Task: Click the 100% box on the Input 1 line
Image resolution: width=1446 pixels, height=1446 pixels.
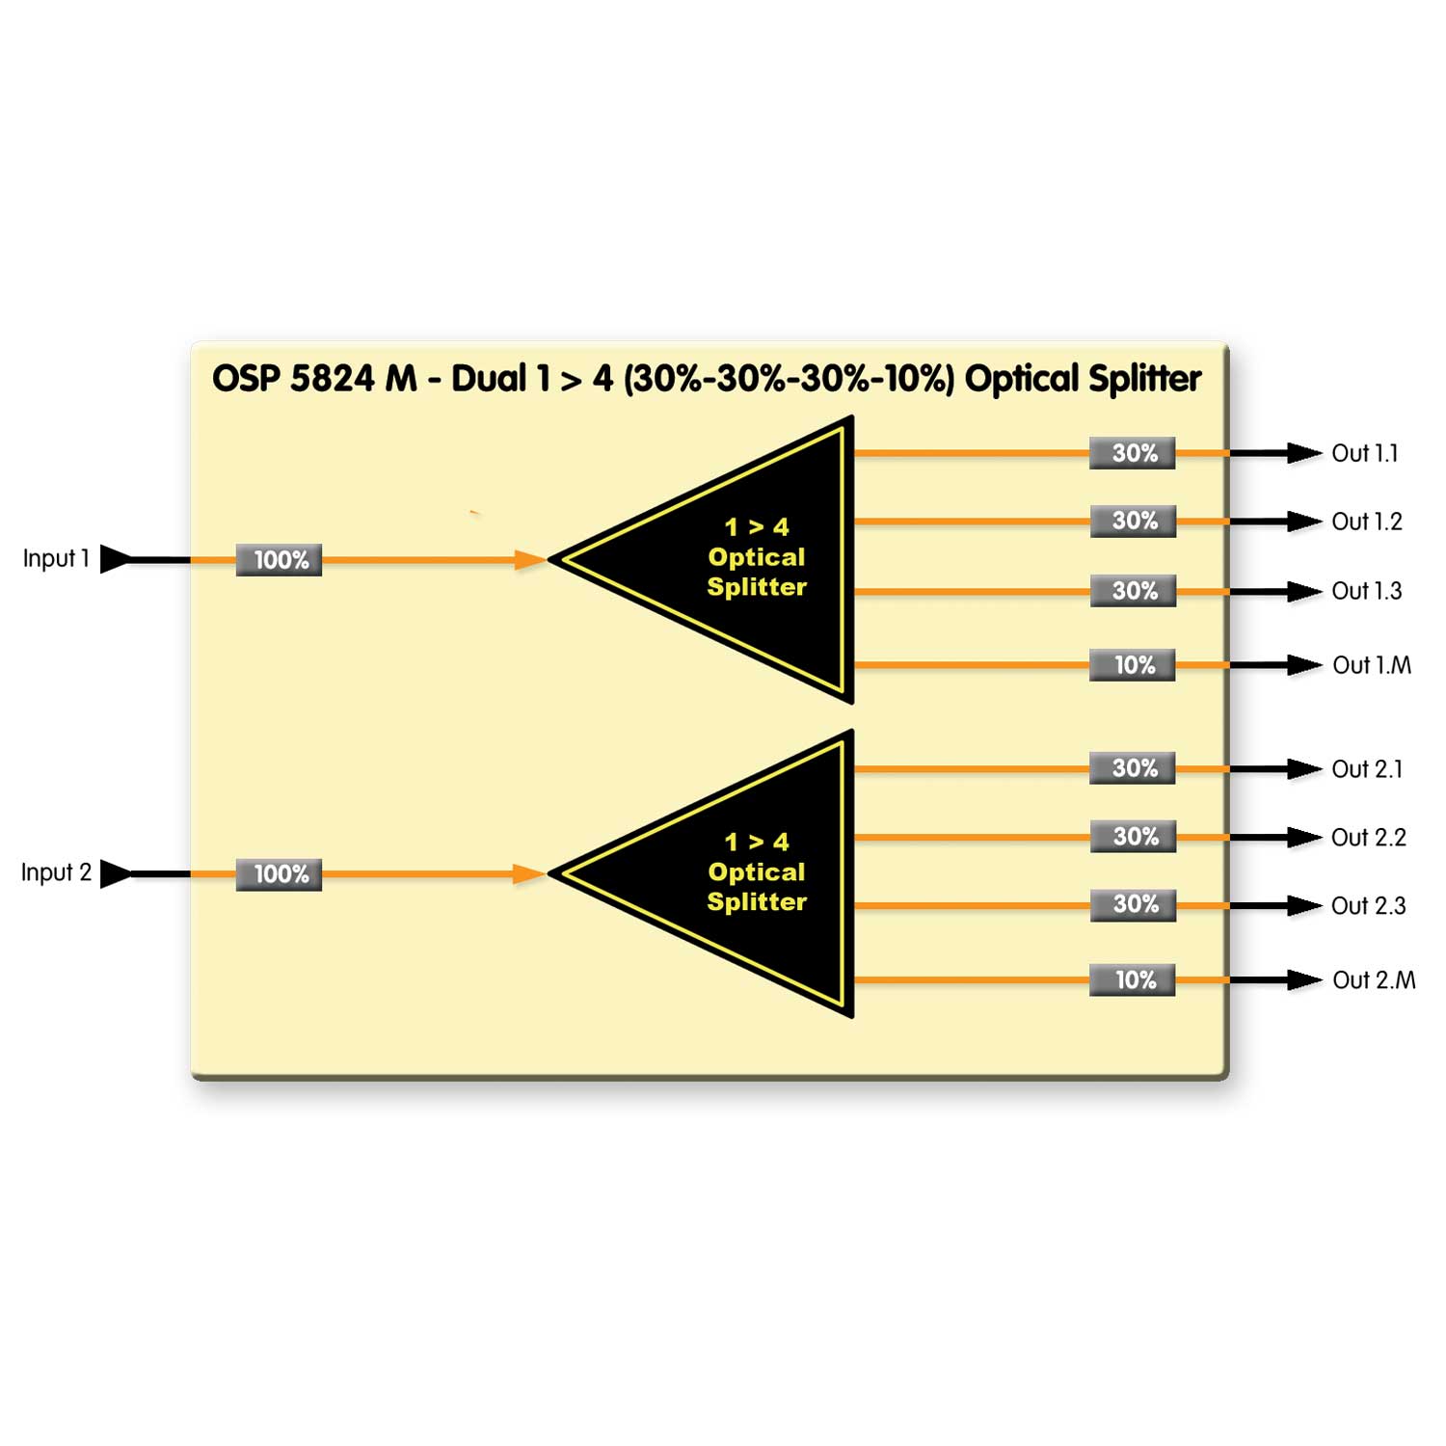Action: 279,560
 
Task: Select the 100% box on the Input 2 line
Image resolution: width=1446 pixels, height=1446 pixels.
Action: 279,874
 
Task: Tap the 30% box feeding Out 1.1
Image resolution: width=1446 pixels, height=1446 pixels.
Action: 1133,453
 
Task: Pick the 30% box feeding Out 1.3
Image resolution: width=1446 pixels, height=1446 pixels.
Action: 1133,591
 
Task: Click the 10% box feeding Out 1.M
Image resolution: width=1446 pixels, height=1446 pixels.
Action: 1133,665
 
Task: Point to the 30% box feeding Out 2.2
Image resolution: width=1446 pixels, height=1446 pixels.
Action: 1134,837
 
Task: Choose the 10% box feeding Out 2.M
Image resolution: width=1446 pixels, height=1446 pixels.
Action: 1133,980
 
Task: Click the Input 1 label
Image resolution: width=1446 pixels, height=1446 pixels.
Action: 56,559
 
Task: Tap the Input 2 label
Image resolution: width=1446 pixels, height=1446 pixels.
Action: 56,873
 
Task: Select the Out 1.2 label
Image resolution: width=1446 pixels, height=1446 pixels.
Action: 1366,522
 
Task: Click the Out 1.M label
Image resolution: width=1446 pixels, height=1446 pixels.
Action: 1371,665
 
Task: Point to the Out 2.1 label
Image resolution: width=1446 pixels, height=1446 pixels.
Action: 1366,769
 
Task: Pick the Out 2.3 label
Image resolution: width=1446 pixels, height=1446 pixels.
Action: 1368,906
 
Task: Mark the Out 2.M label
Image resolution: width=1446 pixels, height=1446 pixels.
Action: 1374,980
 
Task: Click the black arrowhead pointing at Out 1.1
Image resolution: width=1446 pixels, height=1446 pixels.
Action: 1304,453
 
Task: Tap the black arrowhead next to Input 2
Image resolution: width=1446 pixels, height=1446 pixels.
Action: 115,873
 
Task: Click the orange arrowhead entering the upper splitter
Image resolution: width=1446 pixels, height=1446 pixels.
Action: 529,560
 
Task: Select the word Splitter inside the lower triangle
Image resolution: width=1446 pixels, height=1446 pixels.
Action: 757,902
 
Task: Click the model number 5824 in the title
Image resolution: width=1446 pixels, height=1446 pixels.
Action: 332,379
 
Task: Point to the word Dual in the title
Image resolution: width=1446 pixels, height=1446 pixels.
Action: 489,379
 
